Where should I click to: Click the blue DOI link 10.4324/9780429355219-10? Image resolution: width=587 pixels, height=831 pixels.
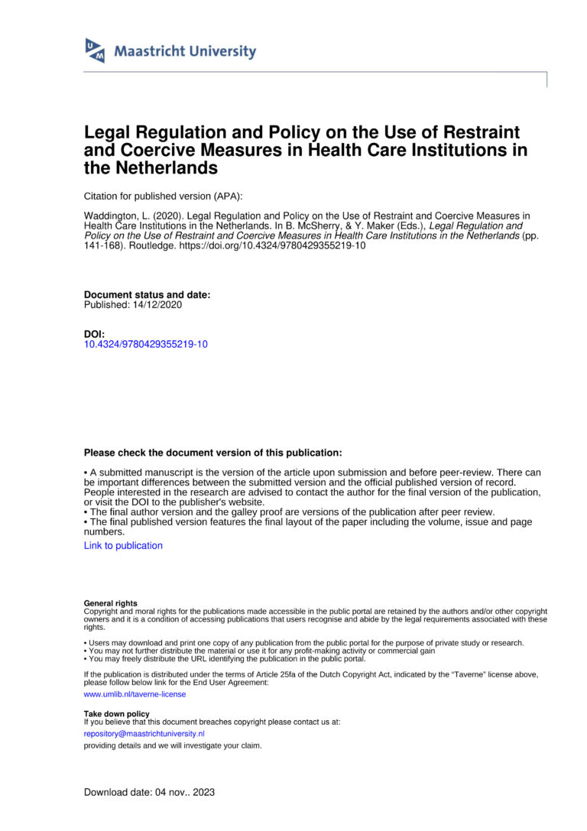click(145, 344)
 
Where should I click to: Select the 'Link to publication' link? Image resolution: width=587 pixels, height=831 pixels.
click(123, 546)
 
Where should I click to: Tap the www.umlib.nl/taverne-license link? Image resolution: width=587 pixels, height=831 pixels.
click(135, 694)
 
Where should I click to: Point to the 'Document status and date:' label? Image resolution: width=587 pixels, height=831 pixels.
click(147, 294)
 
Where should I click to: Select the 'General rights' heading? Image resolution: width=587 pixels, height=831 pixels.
click(111, 603)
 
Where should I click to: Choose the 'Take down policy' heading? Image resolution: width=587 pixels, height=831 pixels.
click(116, 713)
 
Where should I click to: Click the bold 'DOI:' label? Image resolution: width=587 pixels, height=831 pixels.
click(95, 334)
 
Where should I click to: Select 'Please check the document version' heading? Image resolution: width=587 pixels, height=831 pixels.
click(213, 453)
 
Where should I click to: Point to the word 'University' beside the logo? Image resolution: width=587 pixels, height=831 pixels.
click(222, 52)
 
